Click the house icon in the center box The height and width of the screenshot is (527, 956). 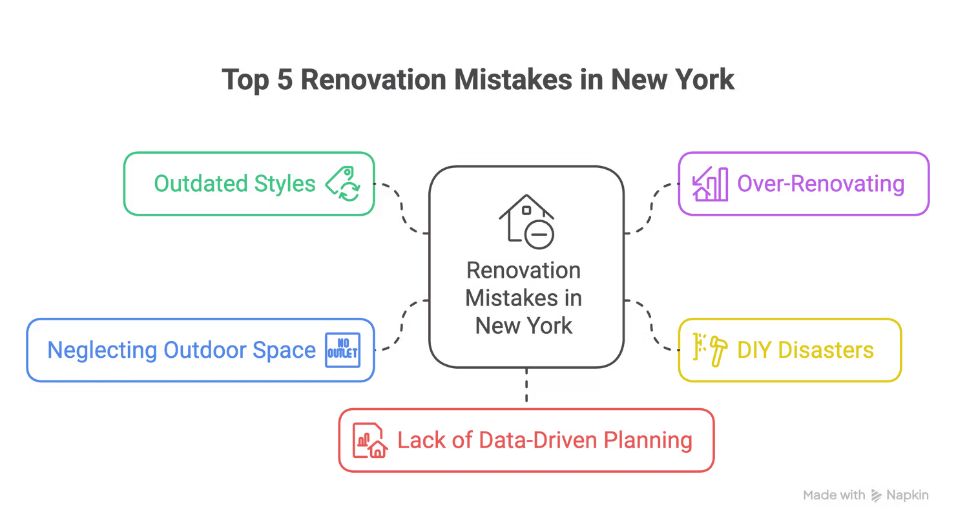(x=526, y=220)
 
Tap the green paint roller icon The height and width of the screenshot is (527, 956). (x=342, y=184)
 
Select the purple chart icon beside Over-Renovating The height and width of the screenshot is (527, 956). (x=709, y=184)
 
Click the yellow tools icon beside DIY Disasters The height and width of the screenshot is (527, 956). (x=709, y=349)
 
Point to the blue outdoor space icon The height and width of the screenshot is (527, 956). (x=340, y=349)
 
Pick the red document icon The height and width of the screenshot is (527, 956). (x=368, y=440)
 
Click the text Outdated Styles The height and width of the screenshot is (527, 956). (x=235, y=184)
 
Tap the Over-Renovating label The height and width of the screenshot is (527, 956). (x=821, y=184)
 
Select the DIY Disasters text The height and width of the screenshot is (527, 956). (x=805, y=350)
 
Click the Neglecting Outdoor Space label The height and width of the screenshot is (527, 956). (x=182, y=350)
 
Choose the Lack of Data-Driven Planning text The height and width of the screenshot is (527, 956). (x=545, y=440)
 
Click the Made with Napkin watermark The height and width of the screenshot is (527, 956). (x=866, y=495)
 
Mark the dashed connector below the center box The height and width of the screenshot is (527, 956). (x=526, y=387)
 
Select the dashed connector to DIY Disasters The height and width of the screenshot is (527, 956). (x=652, y=326)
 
